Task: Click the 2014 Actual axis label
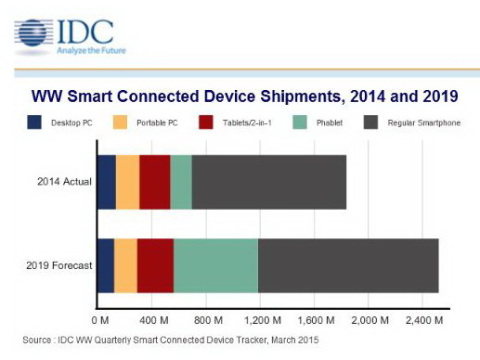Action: pyautogui.click(x=62, y=182)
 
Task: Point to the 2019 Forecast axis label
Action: pyautogui.click(x=59, y=266)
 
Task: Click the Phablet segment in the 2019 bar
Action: pyautogui.click(x=215, y=266)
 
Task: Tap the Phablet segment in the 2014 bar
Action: pyautogui.click(x=180, y=182)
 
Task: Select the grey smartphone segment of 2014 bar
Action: pyautogui.click(x=268, y=182)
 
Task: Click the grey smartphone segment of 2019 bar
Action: pyautogui.click(x=348, y=266)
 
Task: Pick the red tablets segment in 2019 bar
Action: pyautogui.click(x=155, y=266)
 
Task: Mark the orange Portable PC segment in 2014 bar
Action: pyautogui.click(x=128, y=182)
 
